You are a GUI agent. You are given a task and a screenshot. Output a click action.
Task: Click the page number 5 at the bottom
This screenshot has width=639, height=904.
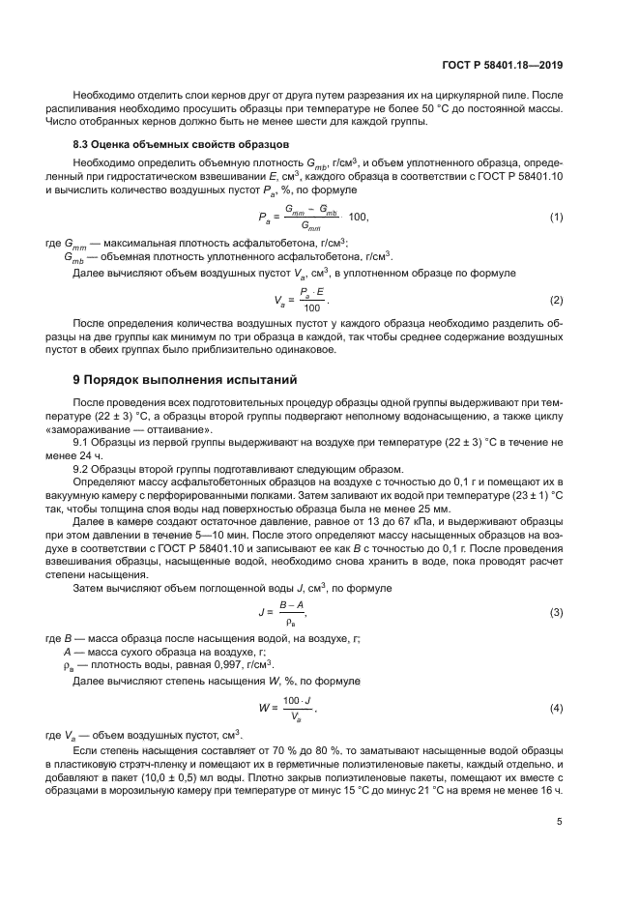click(561, 822)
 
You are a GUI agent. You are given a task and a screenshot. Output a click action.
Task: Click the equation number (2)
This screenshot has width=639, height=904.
click(556, 300)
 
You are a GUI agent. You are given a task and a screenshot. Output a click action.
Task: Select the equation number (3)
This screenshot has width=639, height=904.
click(556, 612)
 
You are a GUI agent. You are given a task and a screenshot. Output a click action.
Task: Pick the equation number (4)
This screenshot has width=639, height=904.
click(556, 708)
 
